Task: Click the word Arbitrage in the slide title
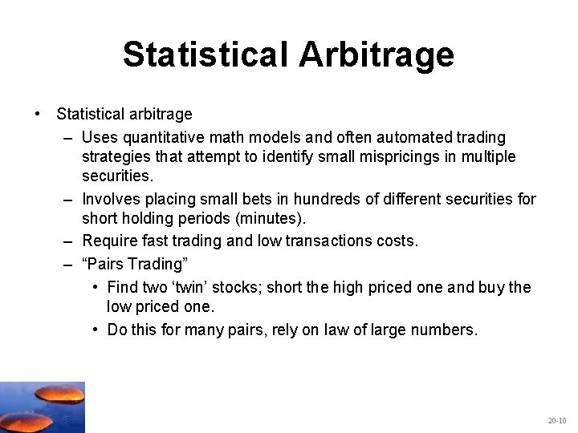(376, 55)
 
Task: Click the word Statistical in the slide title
(206, 55)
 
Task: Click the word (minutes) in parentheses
(272, 219)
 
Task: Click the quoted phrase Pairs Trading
(133, 264)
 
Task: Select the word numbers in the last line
(445, 329)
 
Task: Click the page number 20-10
(556, 420)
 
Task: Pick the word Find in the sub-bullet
(123, 286)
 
